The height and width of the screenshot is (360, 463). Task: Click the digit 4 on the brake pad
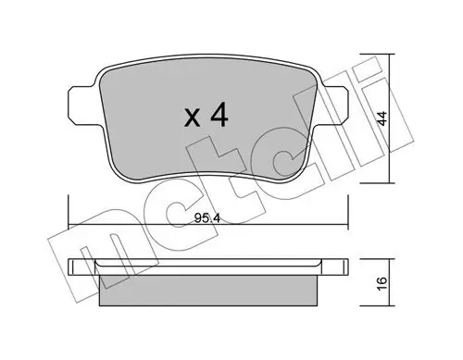tap(219, 115)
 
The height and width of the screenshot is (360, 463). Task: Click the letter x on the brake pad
tap(192, 118)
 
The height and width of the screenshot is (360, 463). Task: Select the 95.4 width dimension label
tap(207, 218)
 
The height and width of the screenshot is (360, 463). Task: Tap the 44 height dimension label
tap(382, 118)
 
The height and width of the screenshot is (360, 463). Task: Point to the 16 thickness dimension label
tap(382, 283)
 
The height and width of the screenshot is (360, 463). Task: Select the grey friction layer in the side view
tap(208, 291)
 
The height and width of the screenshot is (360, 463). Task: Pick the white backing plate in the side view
tap(208, 267)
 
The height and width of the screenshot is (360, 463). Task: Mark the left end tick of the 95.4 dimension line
tap(69, 212)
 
